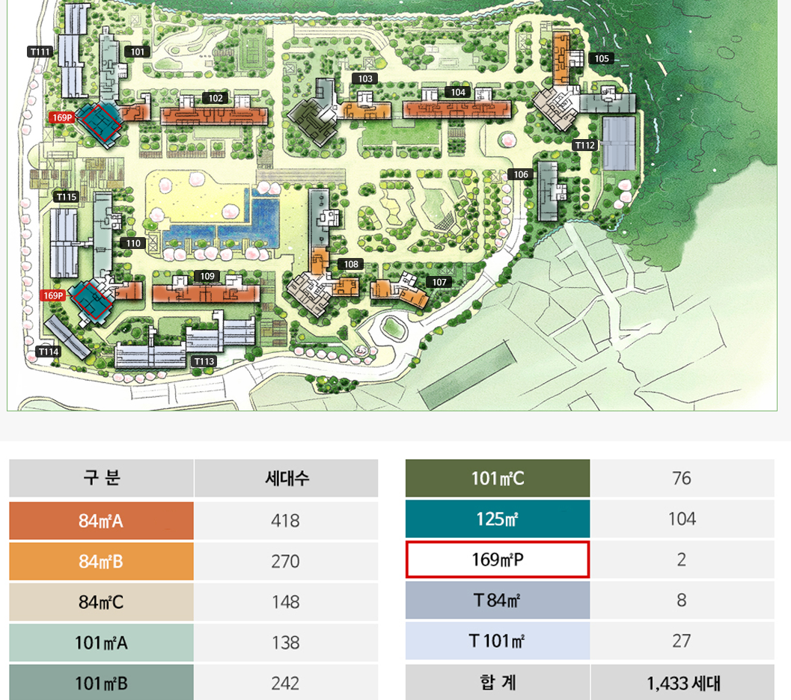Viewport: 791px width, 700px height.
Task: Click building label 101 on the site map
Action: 138,52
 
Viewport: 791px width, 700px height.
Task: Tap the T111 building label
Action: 40,52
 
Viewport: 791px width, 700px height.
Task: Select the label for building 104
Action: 458,92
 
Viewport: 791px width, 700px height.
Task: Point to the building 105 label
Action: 601,58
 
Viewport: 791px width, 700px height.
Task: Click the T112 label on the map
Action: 584,145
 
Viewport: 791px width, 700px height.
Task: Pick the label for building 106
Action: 521,174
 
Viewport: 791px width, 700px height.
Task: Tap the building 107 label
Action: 439,282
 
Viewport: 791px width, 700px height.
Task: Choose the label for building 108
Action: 350,264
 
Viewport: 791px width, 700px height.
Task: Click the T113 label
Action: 204,361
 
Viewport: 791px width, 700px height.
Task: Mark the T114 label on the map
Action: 49,351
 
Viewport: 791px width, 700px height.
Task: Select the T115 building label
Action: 67,197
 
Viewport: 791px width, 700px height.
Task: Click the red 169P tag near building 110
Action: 53,295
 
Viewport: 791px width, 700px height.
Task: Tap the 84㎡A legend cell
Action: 101,521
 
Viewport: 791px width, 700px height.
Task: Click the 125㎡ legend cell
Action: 498,519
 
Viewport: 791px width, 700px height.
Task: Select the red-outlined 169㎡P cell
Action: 498,559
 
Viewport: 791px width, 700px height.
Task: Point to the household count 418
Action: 285,521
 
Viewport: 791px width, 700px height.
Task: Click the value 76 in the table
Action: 681,479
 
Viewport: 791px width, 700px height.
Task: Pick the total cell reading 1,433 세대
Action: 682,682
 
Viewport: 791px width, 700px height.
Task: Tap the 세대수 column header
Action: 286,479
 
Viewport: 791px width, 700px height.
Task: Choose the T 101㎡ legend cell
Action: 498,641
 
